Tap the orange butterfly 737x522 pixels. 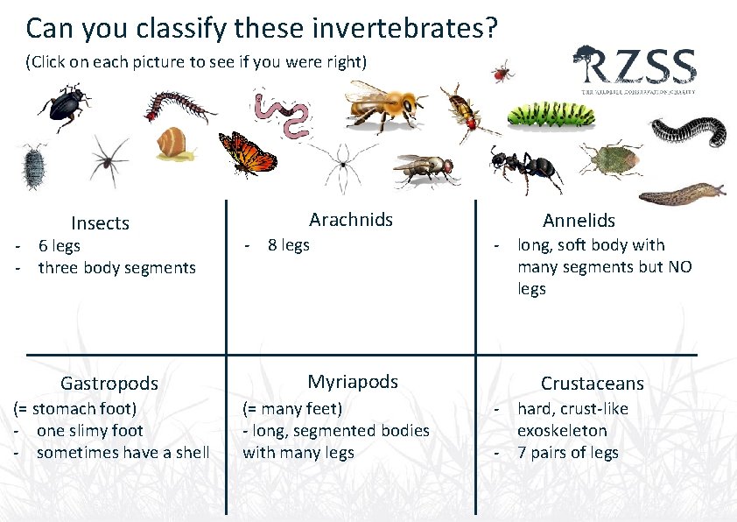(x=248, y=153)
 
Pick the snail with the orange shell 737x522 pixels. (x=175, y=144)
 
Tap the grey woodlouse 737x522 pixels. (x=34, y=164)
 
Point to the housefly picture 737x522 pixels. (x=425, y=168)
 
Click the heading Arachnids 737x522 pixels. (x=351, y=219)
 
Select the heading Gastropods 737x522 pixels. (x=109, y=383)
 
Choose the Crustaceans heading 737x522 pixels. (x=592, y=383)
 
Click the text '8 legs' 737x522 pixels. (x=288, y=245)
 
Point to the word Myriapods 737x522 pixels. (x=353, y=381)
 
